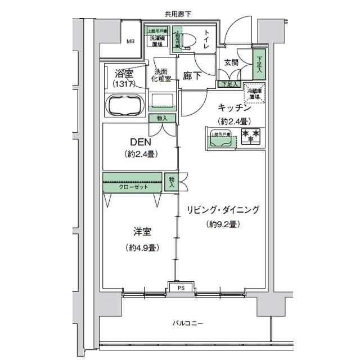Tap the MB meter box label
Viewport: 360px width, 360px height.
click(x=130, y=41)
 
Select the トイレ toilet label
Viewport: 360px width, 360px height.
click(x=208, y=40)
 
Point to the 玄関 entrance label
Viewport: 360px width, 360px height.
click(x=232, y=63)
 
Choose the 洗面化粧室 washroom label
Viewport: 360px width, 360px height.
click(x=161, y=75)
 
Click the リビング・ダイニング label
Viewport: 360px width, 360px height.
click(x=223, y=210)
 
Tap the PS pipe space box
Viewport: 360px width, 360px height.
click(x=181, y=288)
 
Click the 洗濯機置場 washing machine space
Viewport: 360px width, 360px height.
click(x=157, y=40)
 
